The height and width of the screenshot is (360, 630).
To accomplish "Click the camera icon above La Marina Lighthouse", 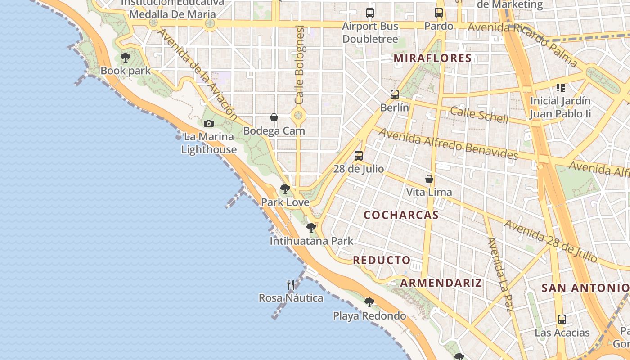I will (208, 123).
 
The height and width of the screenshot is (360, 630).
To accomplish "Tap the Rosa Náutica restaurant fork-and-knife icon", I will (291, 284).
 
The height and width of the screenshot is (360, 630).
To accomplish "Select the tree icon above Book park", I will (126, 58).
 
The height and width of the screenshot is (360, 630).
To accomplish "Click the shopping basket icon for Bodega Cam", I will (274, 117).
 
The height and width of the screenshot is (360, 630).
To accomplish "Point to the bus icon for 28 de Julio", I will (358, 156).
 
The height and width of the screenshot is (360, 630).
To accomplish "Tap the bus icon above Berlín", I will (395, 94).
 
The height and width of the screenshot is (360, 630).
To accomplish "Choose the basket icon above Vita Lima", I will (429, 179).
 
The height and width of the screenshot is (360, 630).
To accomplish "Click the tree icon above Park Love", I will (285, 189).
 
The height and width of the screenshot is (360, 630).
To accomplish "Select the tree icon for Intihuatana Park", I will (311, 228).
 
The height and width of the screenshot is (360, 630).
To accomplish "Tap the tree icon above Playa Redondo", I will (369, 302).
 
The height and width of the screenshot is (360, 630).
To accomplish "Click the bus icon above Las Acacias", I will (562, 319).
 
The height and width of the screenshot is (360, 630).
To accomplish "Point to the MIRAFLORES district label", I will (432, 58).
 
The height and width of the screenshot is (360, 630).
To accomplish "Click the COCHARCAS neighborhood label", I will (401, 215).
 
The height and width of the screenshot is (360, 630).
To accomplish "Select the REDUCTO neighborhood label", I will (382, 260).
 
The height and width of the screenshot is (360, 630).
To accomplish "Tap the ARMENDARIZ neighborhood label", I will (441, 283).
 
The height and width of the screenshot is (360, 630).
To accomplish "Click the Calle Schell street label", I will (479, 115).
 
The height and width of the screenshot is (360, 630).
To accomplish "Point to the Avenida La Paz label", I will (500, 274).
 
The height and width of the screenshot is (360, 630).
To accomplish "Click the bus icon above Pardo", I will (439, 13).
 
